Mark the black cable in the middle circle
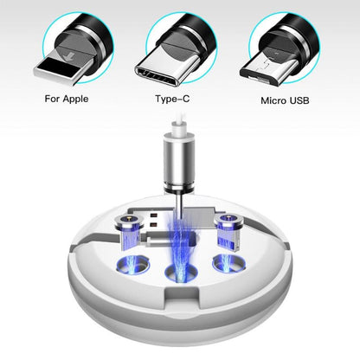point(196,35)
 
